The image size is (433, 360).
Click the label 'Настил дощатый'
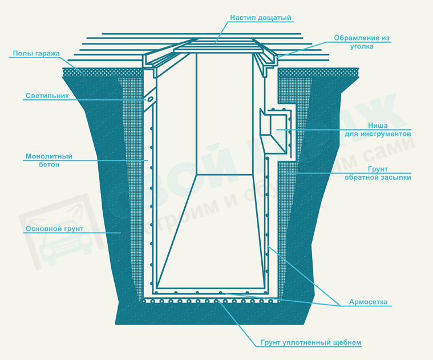261,18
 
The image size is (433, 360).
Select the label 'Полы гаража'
36,53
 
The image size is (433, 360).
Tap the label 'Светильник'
47,96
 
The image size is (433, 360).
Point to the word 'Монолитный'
49,156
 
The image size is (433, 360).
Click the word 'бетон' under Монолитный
49,164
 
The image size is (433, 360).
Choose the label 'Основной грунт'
54,229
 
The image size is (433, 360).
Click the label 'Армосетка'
368,302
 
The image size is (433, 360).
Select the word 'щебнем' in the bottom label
347,343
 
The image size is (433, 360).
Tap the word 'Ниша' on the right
378,126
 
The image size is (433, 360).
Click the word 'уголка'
362,46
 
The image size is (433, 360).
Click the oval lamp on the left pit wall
150,99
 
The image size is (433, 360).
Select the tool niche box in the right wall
274,131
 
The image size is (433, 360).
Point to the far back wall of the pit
224,114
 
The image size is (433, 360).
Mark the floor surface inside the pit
211,231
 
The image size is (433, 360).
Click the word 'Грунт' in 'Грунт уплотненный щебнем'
271,343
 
